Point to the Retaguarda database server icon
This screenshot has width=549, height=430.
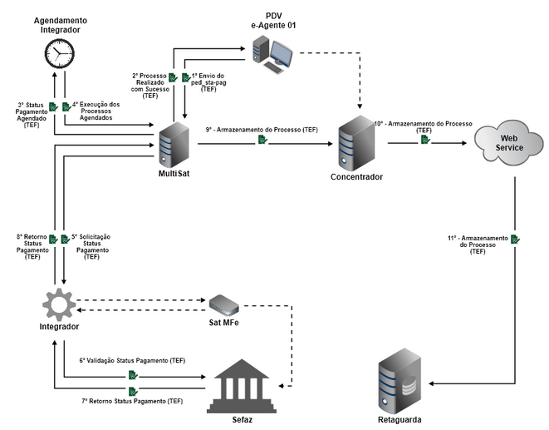click(404, 379)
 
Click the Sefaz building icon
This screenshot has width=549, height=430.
click(236, 383)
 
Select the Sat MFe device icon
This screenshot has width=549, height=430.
click(223, 304)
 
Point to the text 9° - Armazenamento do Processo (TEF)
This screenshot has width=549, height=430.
click(262, 130)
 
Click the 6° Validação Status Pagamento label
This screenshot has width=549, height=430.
click(132, 361)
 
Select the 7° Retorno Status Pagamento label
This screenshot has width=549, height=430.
click(132, 402)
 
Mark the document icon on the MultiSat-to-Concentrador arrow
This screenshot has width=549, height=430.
click(262, 141)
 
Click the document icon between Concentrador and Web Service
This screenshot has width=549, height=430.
click(425, 140)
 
